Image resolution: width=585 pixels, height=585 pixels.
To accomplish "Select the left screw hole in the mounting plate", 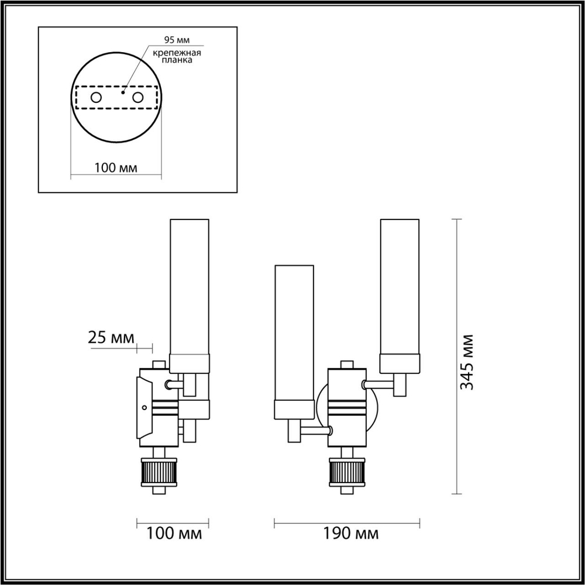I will click(95, 97).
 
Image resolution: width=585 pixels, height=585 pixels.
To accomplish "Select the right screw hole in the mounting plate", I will click(138, 97).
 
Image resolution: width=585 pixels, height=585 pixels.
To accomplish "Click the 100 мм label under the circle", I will click(115, 168).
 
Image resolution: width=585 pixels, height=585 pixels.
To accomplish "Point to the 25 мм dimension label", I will click(111, 338).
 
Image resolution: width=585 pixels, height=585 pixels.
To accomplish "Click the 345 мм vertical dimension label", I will click(466, 362).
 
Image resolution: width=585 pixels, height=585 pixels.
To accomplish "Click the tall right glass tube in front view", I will click(400, 287).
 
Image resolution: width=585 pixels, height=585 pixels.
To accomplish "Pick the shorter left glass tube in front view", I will click(295, 333).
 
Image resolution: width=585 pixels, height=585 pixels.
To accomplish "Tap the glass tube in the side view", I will click(189, 287).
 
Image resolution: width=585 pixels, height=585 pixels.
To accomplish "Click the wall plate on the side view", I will click(143, 408).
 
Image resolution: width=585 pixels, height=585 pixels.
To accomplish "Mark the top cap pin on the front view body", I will click(347, 364).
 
